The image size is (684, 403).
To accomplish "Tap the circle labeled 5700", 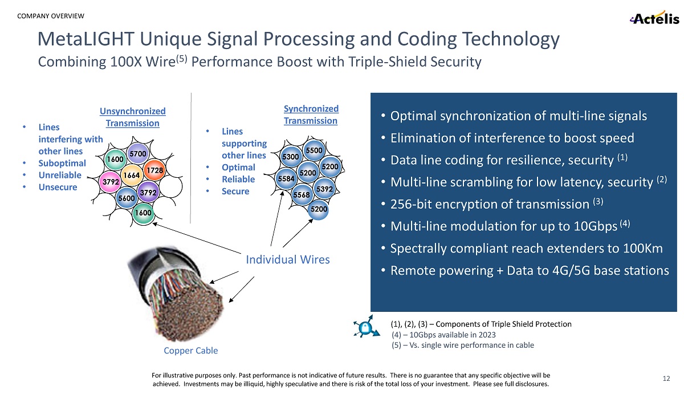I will [x=137, y=153].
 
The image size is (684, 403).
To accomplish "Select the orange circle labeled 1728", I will [x=155, y=170].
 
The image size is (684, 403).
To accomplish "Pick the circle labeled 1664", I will [x=132, y=176].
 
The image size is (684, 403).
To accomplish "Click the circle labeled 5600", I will [x=126, y=198].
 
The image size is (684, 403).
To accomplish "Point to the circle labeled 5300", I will [x=291, y=156].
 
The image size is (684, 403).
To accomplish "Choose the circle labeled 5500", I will [x=313, y=150].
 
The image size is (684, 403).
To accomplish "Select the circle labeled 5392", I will [x=324, y=188].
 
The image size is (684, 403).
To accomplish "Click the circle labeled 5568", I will [x=300, y=195].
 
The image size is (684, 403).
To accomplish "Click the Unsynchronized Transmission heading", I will [x=132, y=117].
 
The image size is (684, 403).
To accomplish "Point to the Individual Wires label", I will [x=287, y=260].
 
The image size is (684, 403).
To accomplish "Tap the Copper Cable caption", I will [x=190, y=351].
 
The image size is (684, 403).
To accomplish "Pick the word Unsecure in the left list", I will [x=58, y=187].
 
